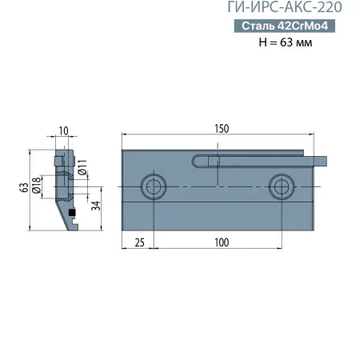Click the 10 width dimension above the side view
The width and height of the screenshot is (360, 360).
tap(64, 130)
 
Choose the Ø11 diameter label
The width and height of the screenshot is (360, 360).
tap(82, 171)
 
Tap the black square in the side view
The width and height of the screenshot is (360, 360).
tap(72, 213)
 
